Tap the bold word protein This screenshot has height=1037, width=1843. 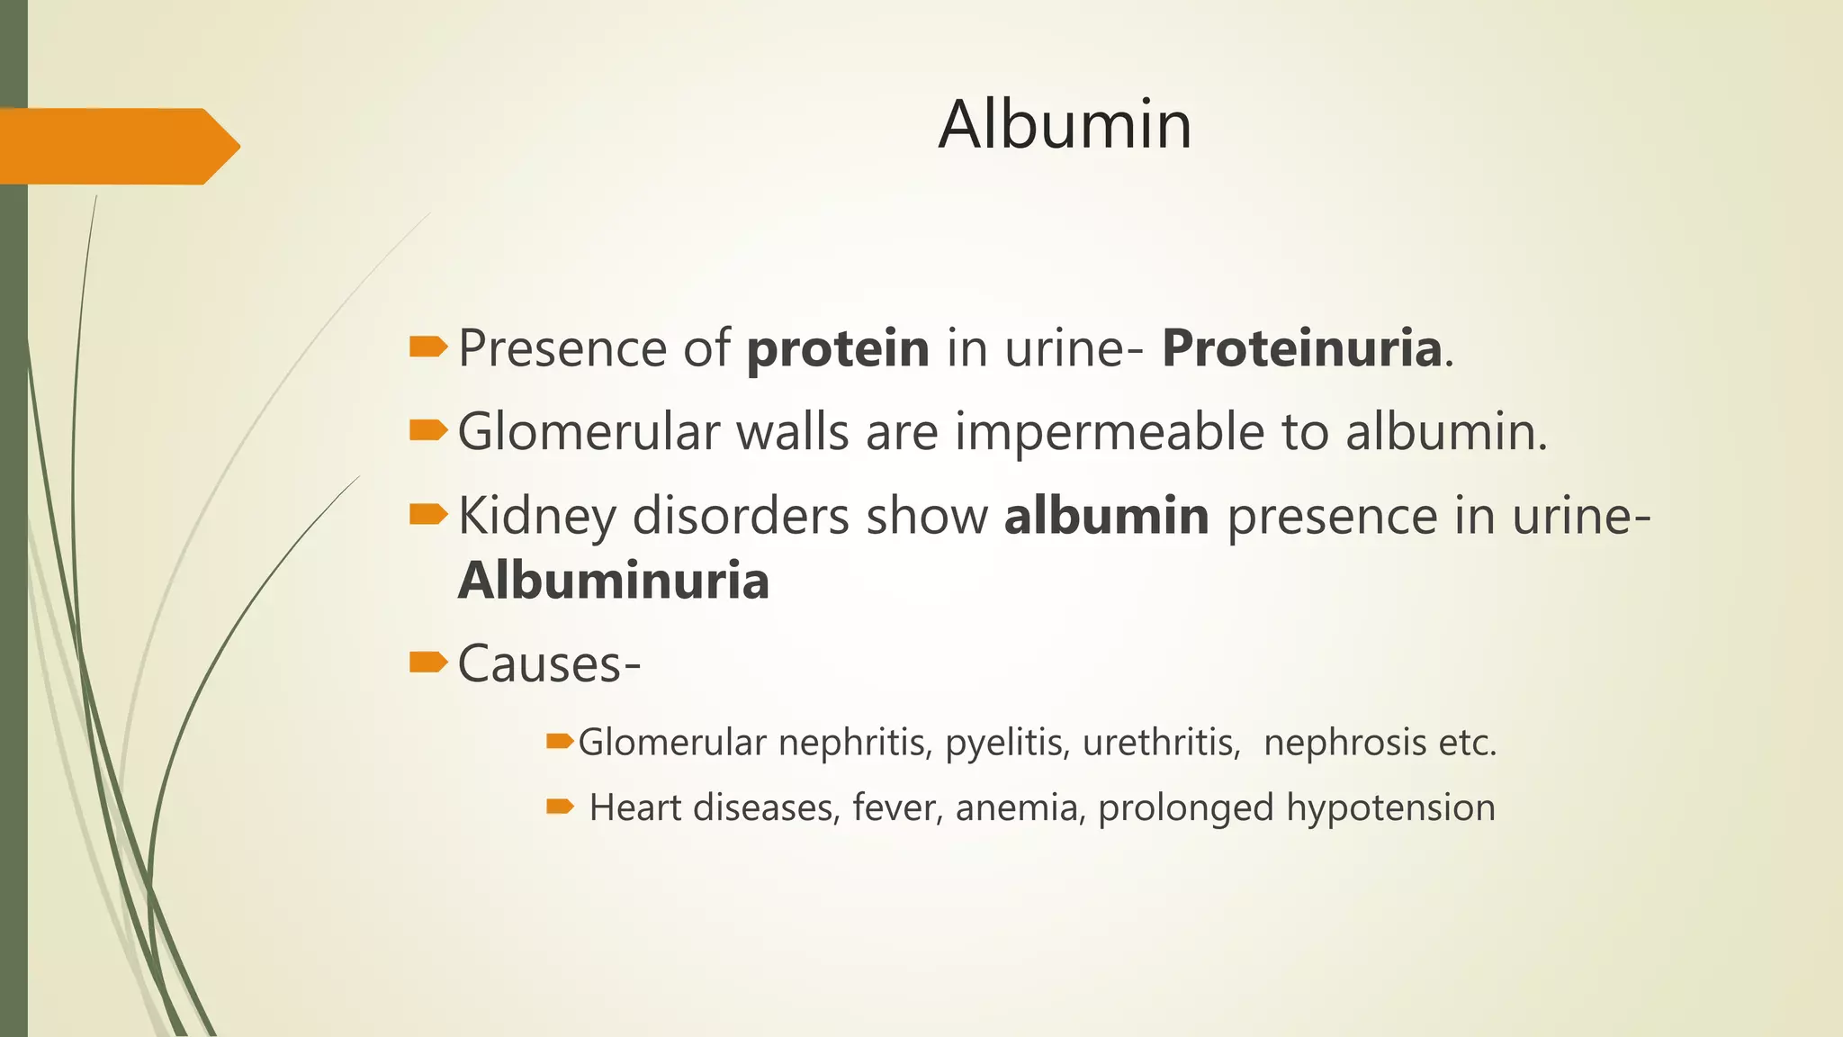tap(838, 348)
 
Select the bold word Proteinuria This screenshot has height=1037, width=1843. tap(1302, 348)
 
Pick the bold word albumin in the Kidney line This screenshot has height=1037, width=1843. tap(1106, 517)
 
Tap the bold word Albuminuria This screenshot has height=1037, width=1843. tap(614, 581)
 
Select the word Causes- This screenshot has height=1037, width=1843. tap(549, 664)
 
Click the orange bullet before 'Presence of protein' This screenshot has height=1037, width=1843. tap(427, 347)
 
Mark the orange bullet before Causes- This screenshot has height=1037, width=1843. tap(427, 663)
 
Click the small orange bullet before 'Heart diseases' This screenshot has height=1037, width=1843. tap(560, 807)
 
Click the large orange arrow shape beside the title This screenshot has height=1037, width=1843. tap(117, 146)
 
